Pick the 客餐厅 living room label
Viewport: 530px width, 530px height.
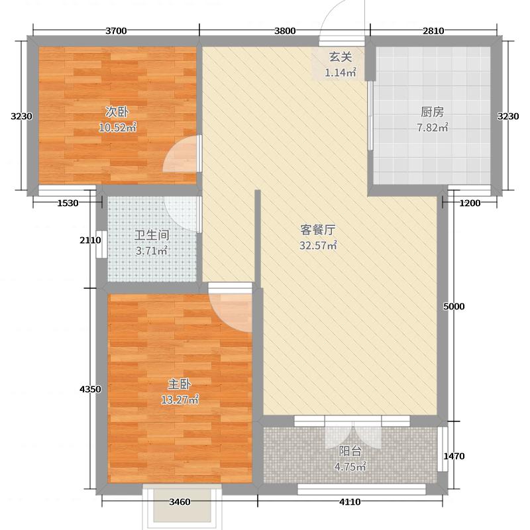tap(318, 230)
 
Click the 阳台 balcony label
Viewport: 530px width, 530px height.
tap(350, 451)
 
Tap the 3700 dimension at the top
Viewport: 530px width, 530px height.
tap(116, 30)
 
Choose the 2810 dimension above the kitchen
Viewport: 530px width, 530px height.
tap(433, 30)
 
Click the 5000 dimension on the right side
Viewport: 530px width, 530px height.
tap(454, 306)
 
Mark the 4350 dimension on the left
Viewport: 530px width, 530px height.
tap(89, 389)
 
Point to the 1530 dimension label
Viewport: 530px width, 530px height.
tap(68, 203)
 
